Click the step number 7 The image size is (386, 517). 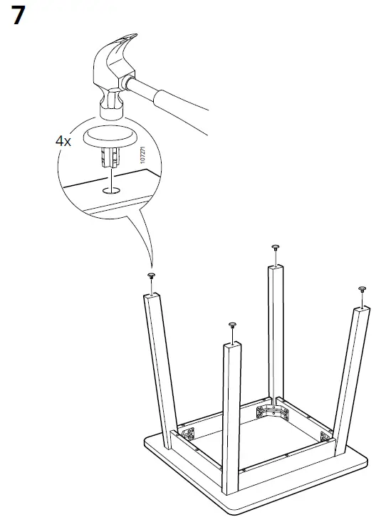(24, 16)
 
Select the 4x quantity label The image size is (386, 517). (63, 140)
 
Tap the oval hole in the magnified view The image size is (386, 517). (110, 190)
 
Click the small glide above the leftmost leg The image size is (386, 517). (151, 277)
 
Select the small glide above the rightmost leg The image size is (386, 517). (362, 289)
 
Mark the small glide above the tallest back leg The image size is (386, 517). (276, 249)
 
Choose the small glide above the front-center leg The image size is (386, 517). (232, 326)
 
